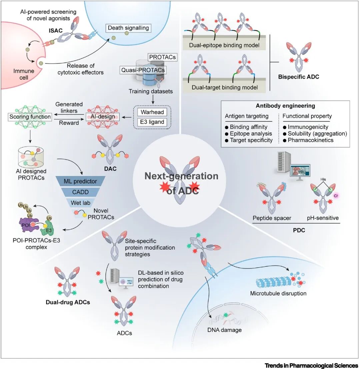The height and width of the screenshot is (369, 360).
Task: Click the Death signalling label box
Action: [x=128, y=28]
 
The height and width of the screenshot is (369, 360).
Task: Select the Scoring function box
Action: [x=30, y=117]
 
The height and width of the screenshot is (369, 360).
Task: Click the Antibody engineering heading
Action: [x=285, y=106]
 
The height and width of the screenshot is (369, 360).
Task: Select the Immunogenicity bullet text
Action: [x=306, y=127]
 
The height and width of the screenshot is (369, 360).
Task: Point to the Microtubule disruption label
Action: [x=278, y=293]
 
